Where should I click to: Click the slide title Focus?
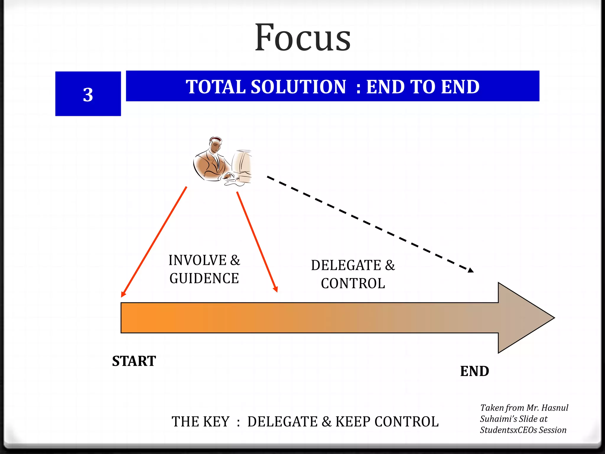pyautogui.click(x=303, y=38)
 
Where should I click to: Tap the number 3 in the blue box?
pyautogui.click(x=88, y=95)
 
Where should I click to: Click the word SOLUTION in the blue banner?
pyautogui.click(x=298, y=87)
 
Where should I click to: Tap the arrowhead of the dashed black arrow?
pyautogui.click(x=471, y=270)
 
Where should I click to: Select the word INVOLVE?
pyautogui.click(x=197, y=260)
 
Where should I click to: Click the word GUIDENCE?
pyautogui.click(x=204, y=278)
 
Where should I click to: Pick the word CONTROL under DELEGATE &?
pyautogui.click(x=353, y=283)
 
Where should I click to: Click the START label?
pyautogui.click(x=134, y=361)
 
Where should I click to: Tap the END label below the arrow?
pyautogui.click(x=474, y=371)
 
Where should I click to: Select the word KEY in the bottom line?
pyautogui.click(x=216, y=421)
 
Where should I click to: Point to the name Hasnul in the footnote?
pyautogui.click(x=555, y=408)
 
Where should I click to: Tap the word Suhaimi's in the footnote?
pyautogui.click(x=498, y=419)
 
